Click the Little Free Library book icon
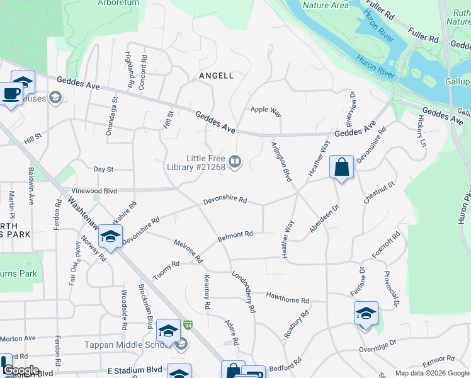pos(235,163)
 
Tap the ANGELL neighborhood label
pos(216,76)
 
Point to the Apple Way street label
pos(266,110)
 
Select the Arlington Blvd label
pos(281,162)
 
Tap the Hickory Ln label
pos(421,130)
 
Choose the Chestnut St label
pos(378,192)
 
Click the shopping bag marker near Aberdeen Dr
pos(341,168)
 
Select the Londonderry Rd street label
pos(244,292)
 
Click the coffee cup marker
pos(11,95)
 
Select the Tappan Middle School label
pos(124,345)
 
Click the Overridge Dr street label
pos(377,346)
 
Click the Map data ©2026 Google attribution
pos(431,373)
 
